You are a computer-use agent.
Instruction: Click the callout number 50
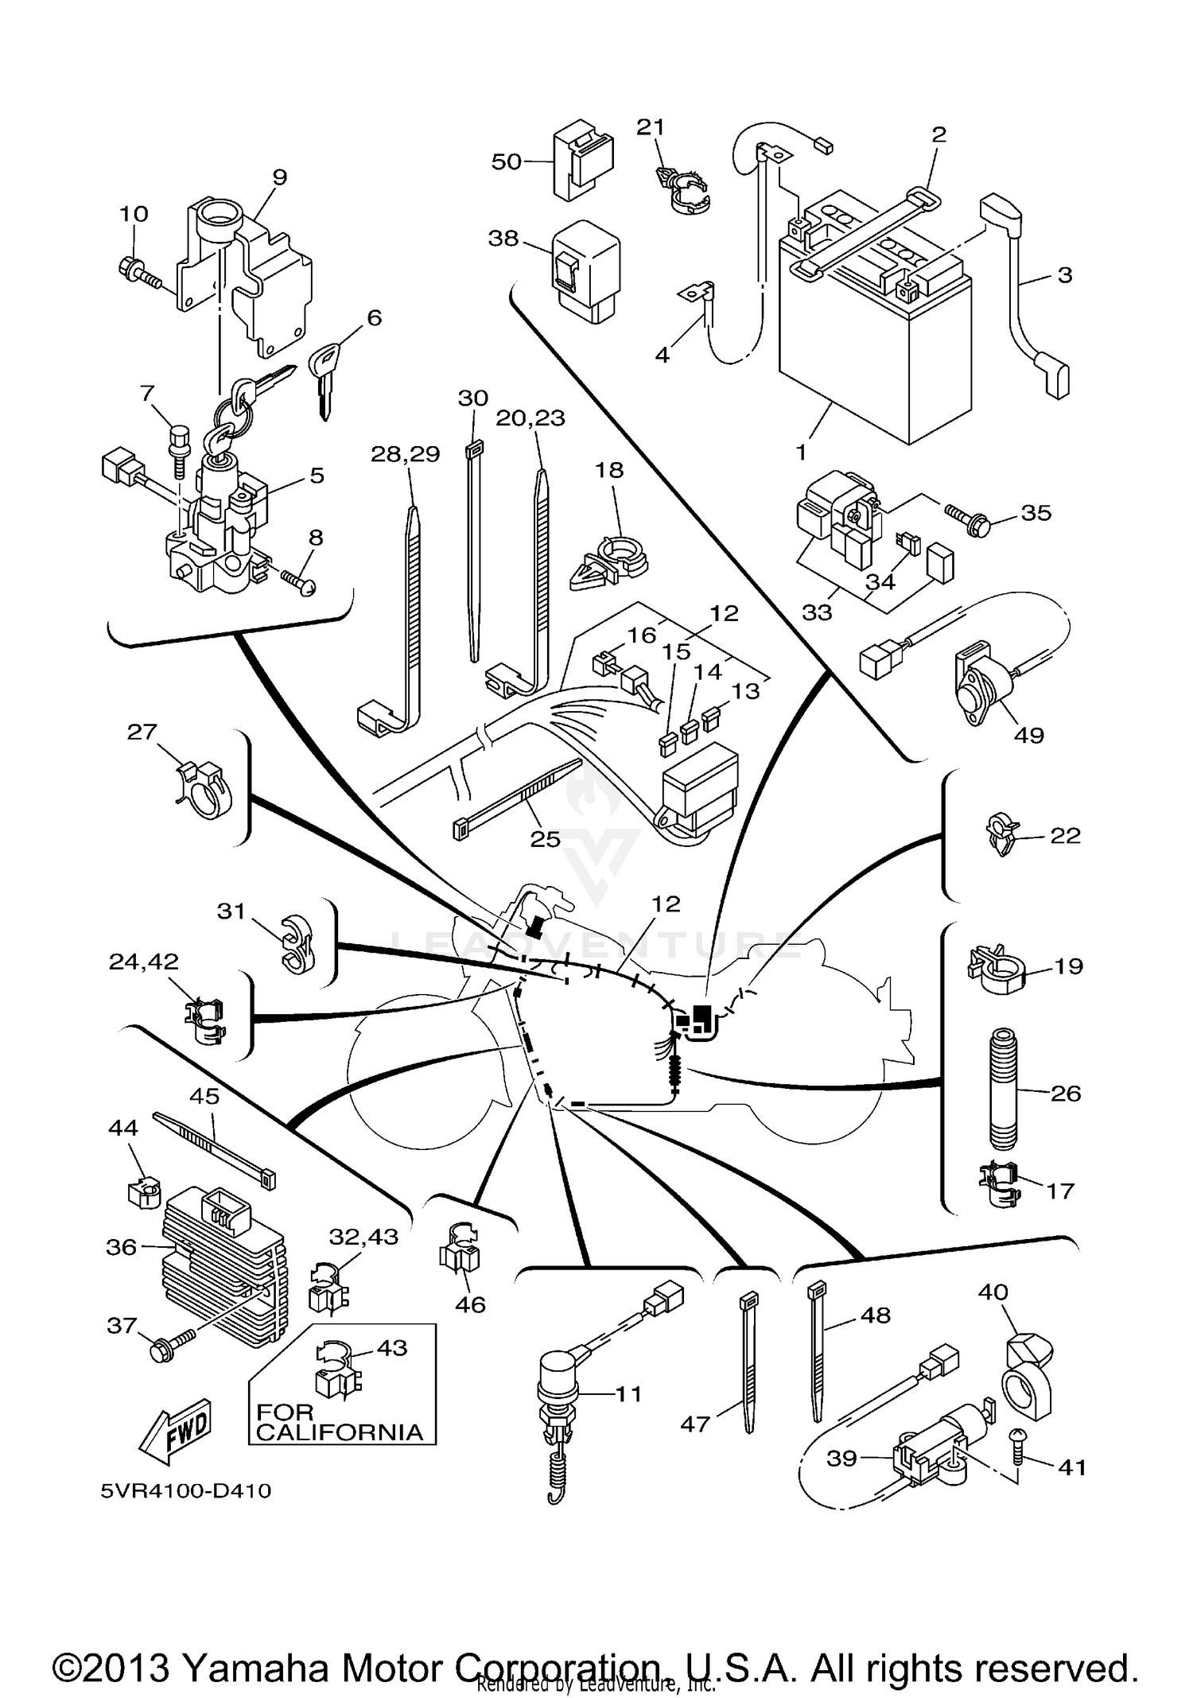[506, 161]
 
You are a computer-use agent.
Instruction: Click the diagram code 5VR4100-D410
[186, 1490]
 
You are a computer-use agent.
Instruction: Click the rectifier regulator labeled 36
[220, 1270]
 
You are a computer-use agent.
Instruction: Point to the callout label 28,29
[405, 453]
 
